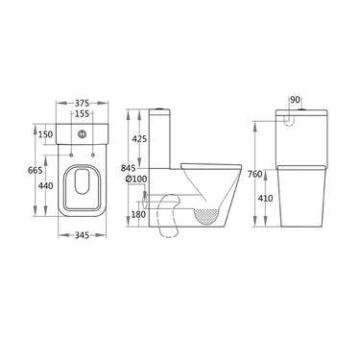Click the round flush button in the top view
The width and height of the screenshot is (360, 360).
tap(85, 133)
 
